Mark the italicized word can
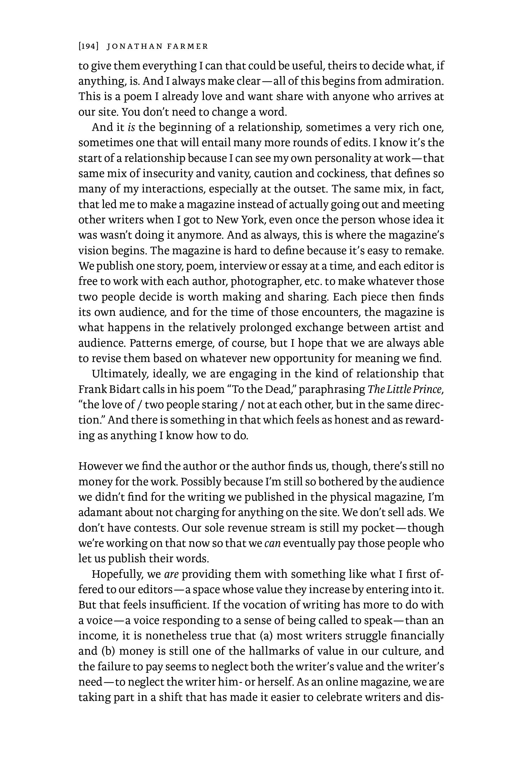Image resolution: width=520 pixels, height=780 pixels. coord(273,543)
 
